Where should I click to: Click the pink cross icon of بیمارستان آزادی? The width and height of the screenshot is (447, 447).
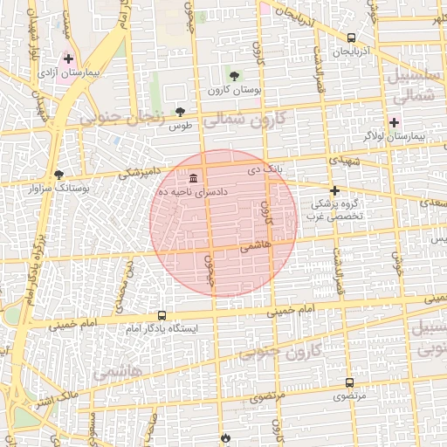[69, 58]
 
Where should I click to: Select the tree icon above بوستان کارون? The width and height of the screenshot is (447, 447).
[233, 76]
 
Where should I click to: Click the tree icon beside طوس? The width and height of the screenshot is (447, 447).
[181, 112]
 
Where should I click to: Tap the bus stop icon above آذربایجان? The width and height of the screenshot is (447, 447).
[351, 38]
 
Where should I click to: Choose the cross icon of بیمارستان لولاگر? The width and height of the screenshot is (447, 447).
[395, 122]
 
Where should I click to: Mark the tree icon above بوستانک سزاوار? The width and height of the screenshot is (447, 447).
[58, 174]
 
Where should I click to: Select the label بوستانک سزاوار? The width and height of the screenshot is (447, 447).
[59, 188]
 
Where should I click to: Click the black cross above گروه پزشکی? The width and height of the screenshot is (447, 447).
[334, 189]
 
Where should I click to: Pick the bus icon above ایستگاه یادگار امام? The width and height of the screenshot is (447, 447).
[162, 315]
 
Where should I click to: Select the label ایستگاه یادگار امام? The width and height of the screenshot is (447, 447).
[162, 328]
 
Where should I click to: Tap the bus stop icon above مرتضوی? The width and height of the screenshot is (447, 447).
[349, 382]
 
